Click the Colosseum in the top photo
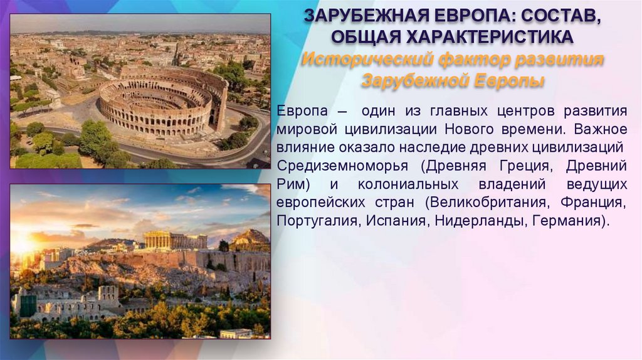pos(162,100)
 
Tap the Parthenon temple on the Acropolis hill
pos(174,240)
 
